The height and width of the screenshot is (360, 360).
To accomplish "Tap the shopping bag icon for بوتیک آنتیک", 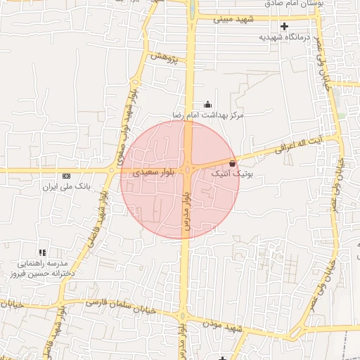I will (x=233, y=162).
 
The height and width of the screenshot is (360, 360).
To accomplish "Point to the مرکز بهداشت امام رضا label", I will (x=208, y=114).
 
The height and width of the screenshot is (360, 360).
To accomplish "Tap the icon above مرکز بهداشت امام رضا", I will (x=207, y=104).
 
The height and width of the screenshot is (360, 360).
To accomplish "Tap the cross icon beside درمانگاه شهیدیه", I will (x=284, y=27).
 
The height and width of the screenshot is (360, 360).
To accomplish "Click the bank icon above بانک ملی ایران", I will (x=67, y=176).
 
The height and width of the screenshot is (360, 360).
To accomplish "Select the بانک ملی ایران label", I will (x=58, y=186).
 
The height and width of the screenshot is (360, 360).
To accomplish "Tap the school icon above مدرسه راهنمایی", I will (x=43, y=252).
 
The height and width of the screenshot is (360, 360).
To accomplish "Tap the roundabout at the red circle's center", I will (x=188, y=170).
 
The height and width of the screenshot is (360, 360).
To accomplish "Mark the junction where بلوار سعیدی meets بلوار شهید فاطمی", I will (x=112, y=170).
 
